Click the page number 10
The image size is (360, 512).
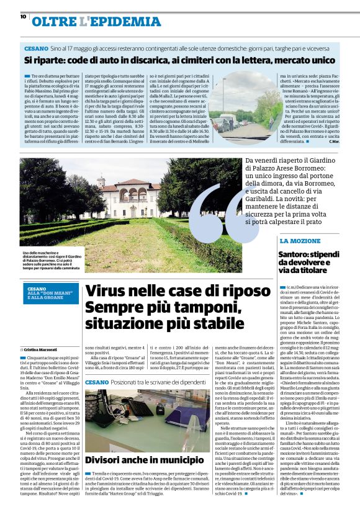click(23, 17)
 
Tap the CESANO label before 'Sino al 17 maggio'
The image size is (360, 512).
click(37, 48)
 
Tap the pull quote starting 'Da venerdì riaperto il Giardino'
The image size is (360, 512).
click(292, 191)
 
